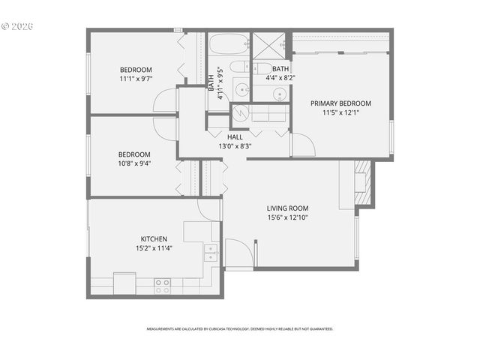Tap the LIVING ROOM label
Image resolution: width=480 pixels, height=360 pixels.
(287, 208)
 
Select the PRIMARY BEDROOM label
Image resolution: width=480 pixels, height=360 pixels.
(341, 103)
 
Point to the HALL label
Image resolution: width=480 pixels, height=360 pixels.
(235, 137)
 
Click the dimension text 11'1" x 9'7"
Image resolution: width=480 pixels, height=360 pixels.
(135, 78)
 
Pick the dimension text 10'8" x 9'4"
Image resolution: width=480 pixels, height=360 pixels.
(134, 163)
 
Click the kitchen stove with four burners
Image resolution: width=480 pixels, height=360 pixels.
(162, 286)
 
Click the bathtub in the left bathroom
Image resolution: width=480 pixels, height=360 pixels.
(228, 44)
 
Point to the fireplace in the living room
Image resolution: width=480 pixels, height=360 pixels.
(361, 182)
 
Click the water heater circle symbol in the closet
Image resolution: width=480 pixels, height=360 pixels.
(240, 114)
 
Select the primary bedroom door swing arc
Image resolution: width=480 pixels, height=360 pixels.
(302, 145)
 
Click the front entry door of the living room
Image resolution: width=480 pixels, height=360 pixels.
(238, 253)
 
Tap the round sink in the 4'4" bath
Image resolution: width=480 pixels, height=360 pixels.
(279, 94)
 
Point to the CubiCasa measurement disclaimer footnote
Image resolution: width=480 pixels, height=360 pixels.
(239, 328)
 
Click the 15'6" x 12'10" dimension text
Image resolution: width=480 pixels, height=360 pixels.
(287, 217)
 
